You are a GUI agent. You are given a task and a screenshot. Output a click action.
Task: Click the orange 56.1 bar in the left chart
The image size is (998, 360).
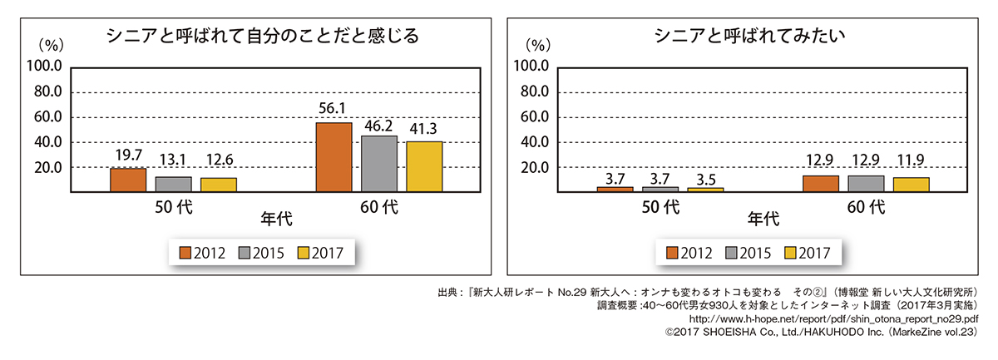(333, 157)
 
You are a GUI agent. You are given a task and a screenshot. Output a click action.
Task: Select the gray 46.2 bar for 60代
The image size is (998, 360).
(379, 164)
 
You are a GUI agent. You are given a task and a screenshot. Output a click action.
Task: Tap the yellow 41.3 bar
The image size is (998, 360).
(424, 166)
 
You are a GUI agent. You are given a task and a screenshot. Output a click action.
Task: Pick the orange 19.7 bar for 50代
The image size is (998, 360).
(128, 180)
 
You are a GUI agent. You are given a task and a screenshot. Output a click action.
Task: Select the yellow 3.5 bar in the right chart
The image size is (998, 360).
(706, 190)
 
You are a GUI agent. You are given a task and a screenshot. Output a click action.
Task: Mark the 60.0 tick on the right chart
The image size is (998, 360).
(532, 117)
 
